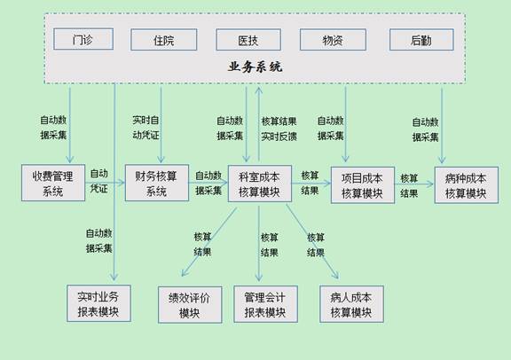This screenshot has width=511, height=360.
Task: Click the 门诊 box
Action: pos(83,39)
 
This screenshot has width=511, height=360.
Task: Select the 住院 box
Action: pos(164,40)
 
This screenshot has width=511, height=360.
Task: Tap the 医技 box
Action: pos(248,40)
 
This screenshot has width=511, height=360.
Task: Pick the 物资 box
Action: pos(333,40)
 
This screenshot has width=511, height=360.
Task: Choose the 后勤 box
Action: pos(421,40)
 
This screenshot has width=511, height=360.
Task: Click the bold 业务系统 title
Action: pos(255,67)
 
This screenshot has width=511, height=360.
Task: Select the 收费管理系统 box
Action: pos(53,183)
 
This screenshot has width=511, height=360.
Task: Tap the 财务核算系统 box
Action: pos(157,183)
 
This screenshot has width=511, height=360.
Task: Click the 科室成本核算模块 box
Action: pos(260,184)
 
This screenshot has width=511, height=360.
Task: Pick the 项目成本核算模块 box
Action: pos(363,185)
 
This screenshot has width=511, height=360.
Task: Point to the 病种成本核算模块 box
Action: pos(467,185)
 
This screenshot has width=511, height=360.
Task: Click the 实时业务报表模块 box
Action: pos(98,303)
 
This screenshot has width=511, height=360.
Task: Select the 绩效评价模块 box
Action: pos(190,305)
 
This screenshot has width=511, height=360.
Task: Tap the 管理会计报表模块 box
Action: pos(265,304)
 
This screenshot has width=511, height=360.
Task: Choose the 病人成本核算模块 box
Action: pos(351,304)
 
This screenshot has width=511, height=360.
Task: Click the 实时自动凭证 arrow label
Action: pos(145,128)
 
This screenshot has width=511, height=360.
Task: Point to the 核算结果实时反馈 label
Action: pos(279,129)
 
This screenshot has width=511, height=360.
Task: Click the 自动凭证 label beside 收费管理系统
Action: pos(99,181)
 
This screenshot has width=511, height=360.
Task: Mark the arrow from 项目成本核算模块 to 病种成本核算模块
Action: pos(414,184)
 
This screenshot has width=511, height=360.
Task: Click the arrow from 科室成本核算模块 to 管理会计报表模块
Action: pos(259,244)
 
